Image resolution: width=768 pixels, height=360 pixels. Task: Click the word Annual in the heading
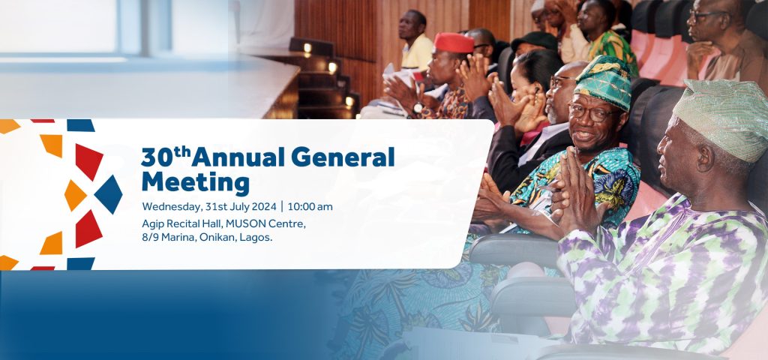coord(238,157)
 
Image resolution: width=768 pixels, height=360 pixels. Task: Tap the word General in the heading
coord(343,157)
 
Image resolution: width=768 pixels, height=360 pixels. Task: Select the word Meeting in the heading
coord(196,182)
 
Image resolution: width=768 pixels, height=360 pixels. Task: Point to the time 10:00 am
coord(310,207)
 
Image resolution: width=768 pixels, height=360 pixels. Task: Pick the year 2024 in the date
coord(264,207)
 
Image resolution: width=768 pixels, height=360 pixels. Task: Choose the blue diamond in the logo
coord(108,194)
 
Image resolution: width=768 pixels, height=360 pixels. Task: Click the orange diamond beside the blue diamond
coord(76,195)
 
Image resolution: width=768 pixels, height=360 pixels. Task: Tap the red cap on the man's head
coord(454,43)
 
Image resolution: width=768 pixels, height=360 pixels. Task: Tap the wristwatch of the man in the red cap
coord(418,108)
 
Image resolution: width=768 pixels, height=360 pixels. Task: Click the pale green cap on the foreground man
coord(721,120)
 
